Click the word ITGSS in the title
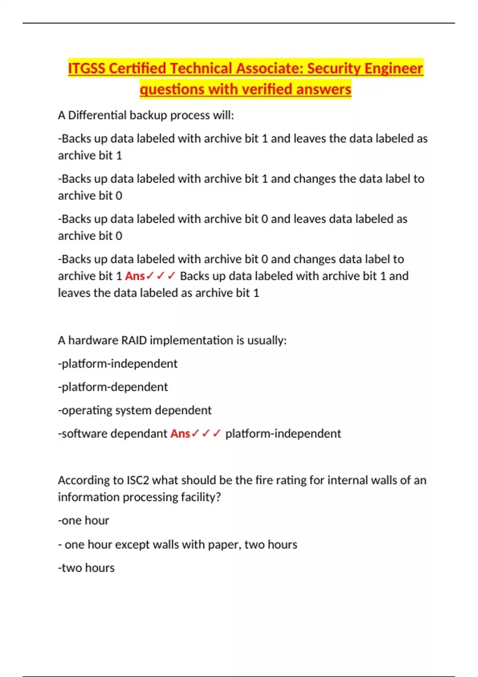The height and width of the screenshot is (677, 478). pos(86,68)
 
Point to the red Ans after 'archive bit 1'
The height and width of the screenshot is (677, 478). pos(135,276)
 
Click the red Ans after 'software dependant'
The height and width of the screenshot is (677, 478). pos(180,433)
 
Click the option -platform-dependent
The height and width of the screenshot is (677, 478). pos(113,387)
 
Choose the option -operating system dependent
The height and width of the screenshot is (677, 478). pos(135,410)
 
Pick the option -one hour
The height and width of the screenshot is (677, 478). pos(83,520)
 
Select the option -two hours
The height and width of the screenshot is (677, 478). pos(86,568)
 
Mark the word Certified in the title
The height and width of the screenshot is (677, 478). pos(137,68)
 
